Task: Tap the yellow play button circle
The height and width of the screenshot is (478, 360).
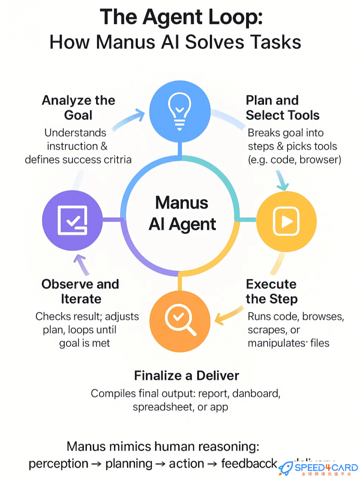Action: (x=286, y=221)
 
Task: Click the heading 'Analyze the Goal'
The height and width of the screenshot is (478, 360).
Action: (x=78, y=108)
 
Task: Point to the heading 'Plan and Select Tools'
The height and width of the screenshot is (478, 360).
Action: (x=282, y=108)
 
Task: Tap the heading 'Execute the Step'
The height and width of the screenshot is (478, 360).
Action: (x=272, y=291)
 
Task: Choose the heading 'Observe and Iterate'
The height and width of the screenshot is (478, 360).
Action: (x=80, y=291)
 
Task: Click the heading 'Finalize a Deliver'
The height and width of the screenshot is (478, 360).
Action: (x=186, y=375)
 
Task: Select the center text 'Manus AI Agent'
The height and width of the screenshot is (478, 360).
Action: (x=182, y=213)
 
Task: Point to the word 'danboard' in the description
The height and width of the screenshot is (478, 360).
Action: (x=256, y=394)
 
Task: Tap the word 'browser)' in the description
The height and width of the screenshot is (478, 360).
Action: (x=321, y=160)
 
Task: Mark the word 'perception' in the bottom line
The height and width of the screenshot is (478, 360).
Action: (x=59, y=464)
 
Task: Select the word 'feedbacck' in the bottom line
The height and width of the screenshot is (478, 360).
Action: (x=249, y=464)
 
